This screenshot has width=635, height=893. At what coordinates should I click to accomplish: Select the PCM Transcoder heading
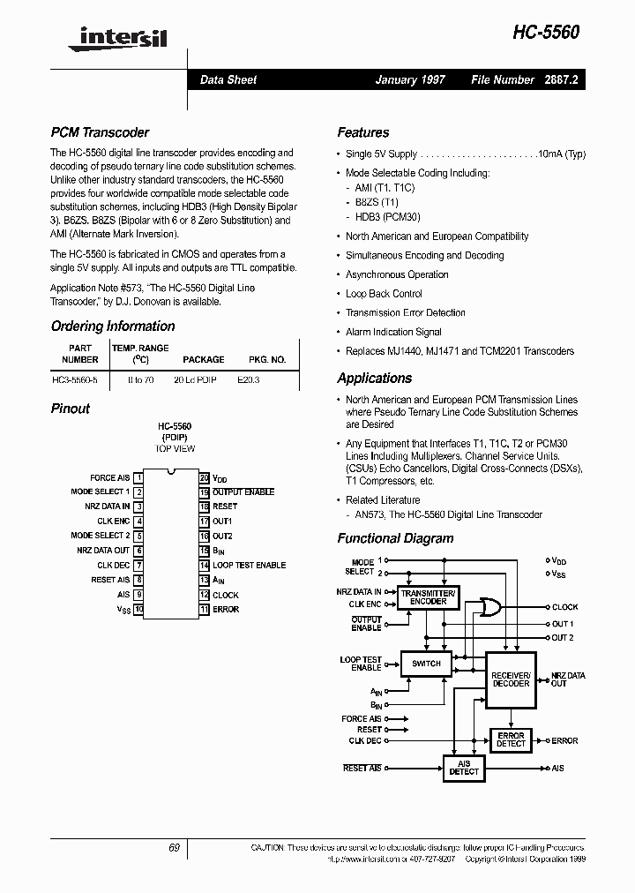[x=100, y=132]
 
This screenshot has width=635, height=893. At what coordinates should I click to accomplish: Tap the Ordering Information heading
[x=113, y=326]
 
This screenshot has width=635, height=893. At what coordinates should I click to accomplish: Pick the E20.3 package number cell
[x=249, y=379]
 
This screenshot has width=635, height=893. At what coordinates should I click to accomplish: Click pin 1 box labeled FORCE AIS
[x=138, y=477]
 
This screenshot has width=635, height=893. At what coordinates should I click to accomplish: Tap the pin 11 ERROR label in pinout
[x=226, y=610]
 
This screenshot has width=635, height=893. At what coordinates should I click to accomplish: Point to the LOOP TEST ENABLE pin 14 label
[x=249, y=566]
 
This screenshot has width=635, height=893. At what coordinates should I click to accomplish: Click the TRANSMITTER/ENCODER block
[x=428, y=597]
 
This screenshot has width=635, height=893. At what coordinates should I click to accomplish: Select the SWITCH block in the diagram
[x=427, y=664]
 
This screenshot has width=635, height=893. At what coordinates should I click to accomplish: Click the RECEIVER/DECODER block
[x=511, y=679]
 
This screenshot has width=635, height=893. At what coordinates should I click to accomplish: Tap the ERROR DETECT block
[x=511, y=739]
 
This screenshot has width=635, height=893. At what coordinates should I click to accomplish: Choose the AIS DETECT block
[x=464, y=768]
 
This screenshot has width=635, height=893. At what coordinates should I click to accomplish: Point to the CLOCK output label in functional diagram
[x=565, y=607]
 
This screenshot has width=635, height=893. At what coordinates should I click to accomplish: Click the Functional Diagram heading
[x=395, y=538]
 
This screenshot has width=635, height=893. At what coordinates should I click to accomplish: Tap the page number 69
[x=174, y=848]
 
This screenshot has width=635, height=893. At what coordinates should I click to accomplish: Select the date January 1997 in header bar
[x=410, y=79]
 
